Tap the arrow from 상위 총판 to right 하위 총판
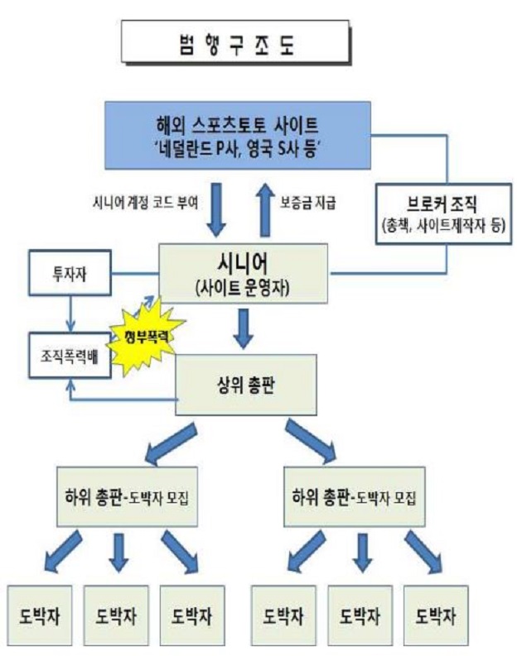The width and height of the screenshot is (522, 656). (311, 441)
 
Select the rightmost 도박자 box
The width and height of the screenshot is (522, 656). (433, 617)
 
